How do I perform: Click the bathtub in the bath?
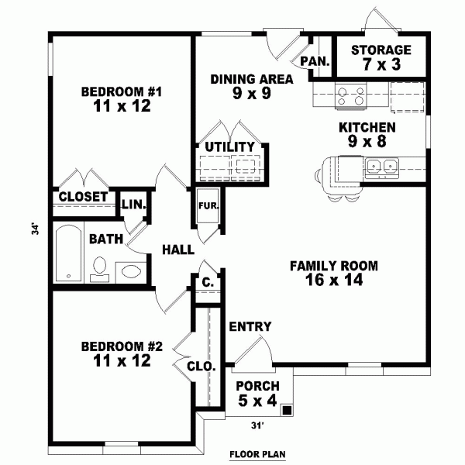pyautogui.click(x=68, y=253)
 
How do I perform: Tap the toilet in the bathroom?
pyautogui.click(x=100, y=269)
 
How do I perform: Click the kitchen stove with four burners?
pyautogui.click(x=351, y=96)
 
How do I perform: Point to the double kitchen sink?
pyautogui.click(x=381, y=167)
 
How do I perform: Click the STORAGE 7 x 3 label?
pyautogui.click(x=381, y=57)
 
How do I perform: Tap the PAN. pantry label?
pyautogui.click(x=315, y=61)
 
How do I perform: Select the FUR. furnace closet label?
pyautogui.click(x=208, y=206)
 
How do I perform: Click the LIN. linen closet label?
pyautogui.click(x=134, y=204)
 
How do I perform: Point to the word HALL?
pyautogui.click(x=178, y=250)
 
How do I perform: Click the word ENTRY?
pyautogui.click(x=250, y=326)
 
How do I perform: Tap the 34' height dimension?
pyautogui.click(x=36, y=229)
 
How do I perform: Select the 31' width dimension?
pyautogui.click(x=258, y=425)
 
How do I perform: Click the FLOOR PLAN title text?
pyautogui.click(x=257, y=454)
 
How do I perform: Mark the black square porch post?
pyautogui.click(x=287, y=410)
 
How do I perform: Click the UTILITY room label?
pyautogui.click(x=230, y=146)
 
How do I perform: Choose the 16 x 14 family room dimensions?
pyautogui.click(x=334, y=279)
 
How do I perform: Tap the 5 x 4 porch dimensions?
pyautogui.click(x=257, y=401)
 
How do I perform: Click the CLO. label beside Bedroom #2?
pyautogui.click(x=201, y=367)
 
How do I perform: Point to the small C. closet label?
pyautogui.click(x=208, y=282)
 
